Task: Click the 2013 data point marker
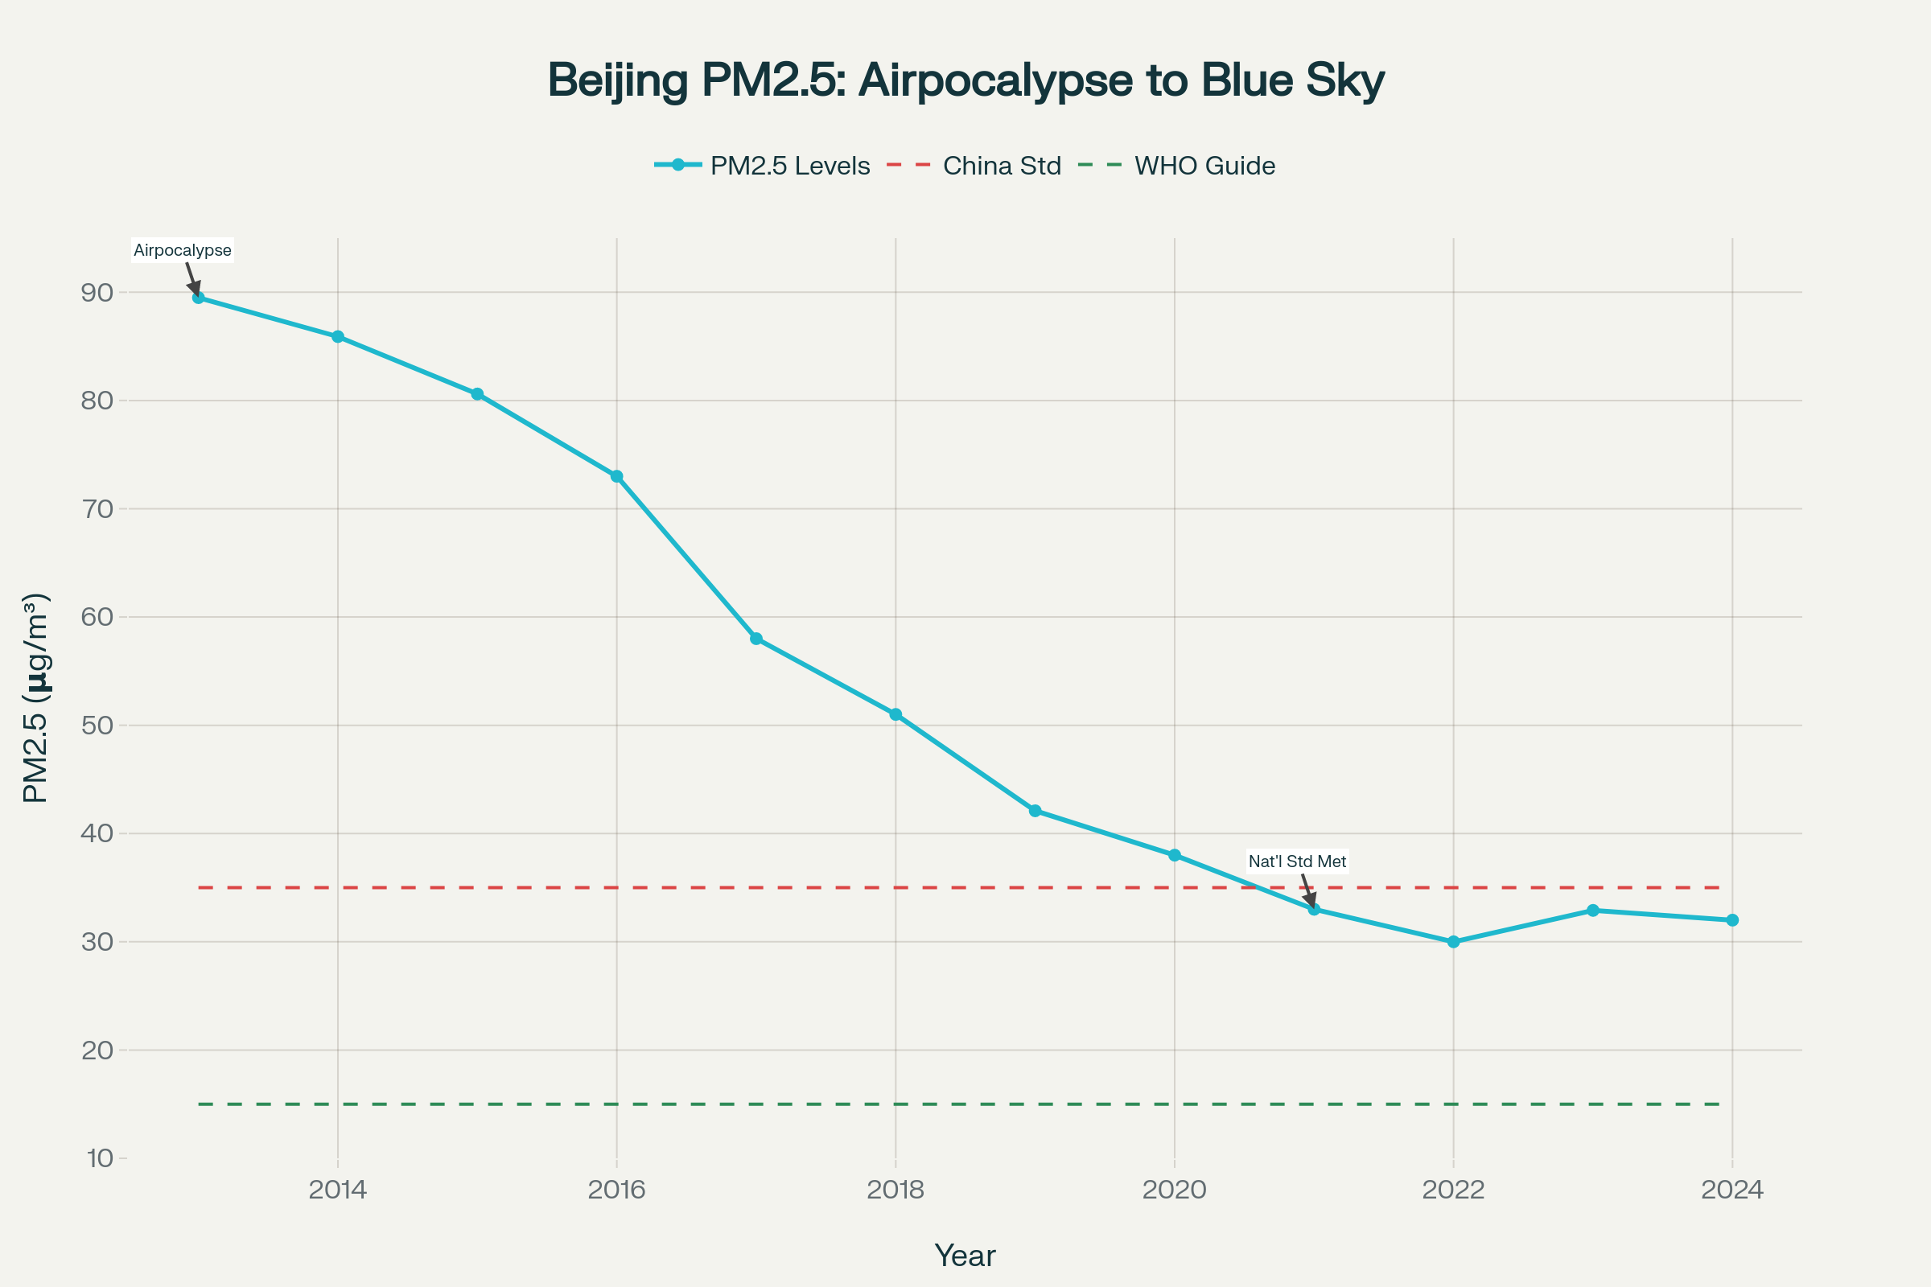199,297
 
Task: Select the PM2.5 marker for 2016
616,476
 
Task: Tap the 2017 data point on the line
756,639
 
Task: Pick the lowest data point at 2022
1453,941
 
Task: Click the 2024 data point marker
1732,920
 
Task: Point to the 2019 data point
1035,811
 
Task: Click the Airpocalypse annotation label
183,250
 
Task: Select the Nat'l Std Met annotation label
1297,861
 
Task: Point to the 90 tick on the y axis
97,292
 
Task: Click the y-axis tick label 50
97,725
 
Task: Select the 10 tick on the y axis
99,1158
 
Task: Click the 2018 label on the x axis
895,1190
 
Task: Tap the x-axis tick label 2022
1453,1190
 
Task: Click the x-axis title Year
965,1256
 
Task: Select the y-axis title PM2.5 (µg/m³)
36,697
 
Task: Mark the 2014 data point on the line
337,336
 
